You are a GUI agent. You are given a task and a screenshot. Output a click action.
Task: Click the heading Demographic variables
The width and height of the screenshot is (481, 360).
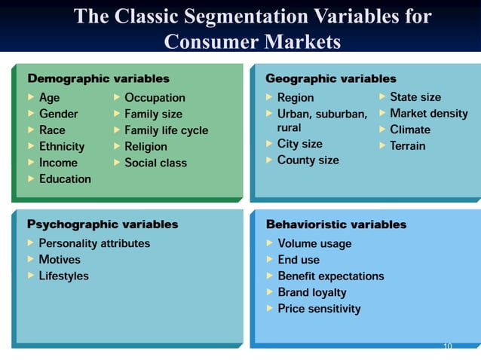pos(99,78)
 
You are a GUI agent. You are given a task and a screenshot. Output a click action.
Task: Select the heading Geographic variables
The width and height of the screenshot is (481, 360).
pos(331,78)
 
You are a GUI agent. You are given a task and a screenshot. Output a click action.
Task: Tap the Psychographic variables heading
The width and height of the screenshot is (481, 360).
pos(103,224)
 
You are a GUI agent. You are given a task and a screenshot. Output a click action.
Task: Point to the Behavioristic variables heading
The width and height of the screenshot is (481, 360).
pos(336,224)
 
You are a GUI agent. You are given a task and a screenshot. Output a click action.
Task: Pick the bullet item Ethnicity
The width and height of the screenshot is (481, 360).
pos(62,146)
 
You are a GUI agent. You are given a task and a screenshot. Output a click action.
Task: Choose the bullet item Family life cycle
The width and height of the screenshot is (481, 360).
pos(166,130)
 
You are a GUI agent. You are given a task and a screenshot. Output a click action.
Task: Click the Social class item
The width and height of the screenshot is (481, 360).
pos(155,163)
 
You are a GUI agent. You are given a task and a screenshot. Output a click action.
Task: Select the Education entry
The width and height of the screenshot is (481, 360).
pos(65,179)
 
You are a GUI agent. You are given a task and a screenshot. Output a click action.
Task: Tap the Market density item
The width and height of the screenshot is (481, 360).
pos(428,114)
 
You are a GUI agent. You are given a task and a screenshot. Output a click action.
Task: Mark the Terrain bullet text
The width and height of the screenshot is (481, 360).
pos(407,146)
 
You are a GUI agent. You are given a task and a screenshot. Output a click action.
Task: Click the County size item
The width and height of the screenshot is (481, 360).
pos(308,160)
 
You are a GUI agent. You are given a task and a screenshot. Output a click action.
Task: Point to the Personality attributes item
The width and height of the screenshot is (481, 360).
pos(94,243)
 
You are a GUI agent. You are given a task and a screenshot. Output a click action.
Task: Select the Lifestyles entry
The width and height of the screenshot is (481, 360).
pos(63,276)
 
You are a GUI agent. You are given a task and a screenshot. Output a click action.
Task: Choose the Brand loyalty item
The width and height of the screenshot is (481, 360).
pos(312,292)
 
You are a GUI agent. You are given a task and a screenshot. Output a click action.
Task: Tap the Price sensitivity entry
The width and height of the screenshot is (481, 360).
pos(319,309)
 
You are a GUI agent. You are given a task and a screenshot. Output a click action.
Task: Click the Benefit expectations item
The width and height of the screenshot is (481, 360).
pos(331,276)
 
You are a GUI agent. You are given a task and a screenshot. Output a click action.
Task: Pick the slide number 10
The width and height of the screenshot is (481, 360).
pos(447,346)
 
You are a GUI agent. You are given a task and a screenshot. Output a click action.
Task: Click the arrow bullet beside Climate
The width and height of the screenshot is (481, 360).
pos(382,130)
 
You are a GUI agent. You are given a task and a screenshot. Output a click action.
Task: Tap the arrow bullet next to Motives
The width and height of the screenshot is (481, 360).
pos(30,260)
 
